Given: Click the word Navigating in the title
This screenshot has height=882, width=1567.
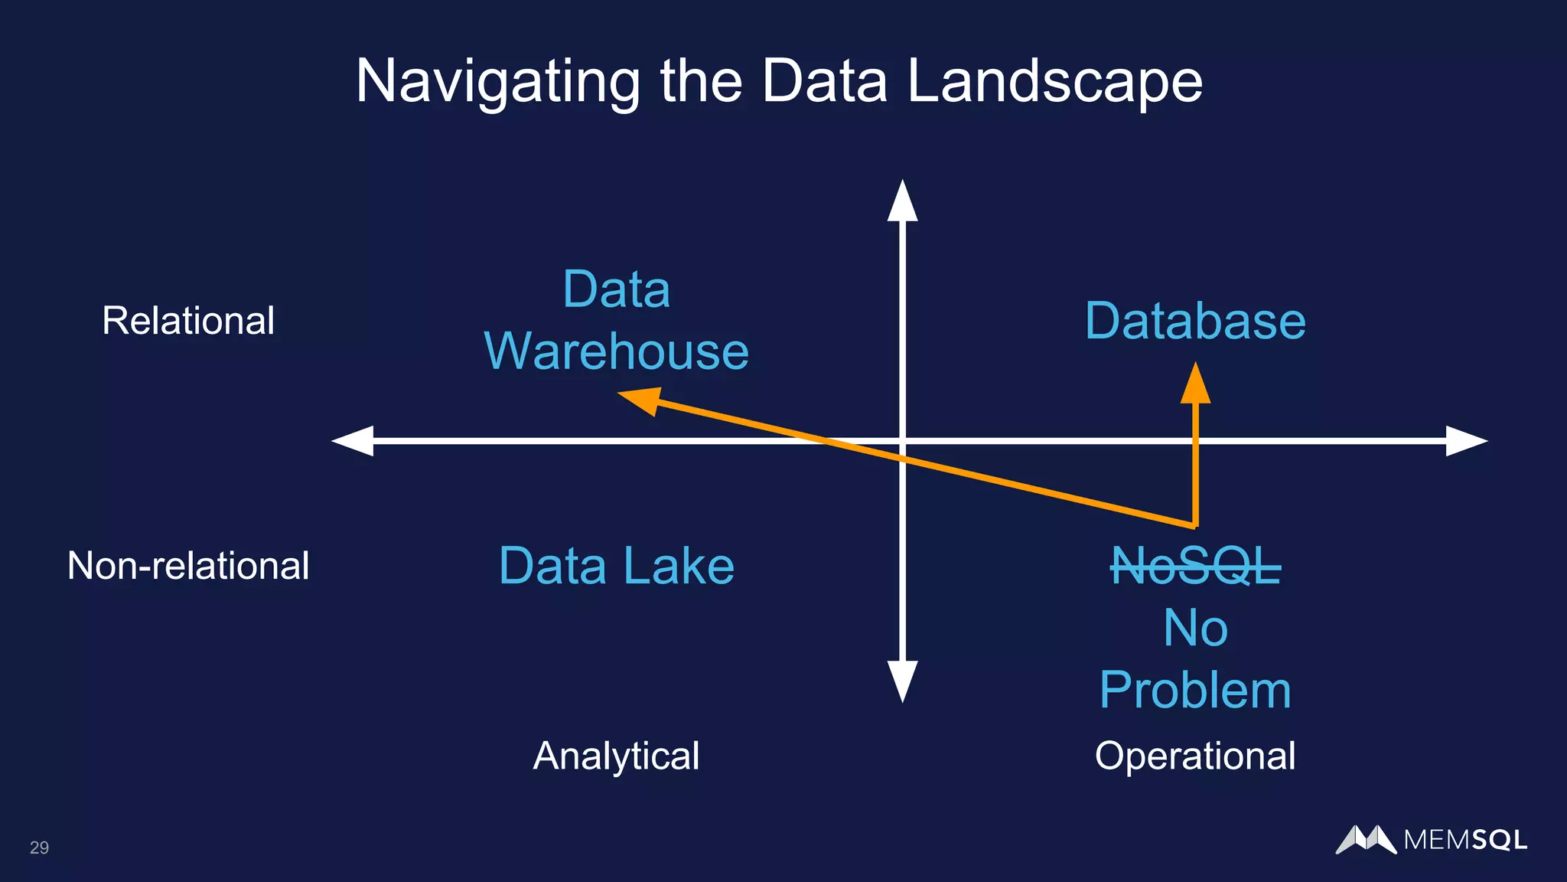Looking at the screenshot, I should coord(497,82).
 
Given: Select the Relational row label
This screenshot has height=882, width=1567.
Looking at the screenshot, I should coord(188,320).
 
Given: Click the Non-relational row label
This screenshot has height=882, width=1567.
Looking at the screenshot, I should coord(188,566).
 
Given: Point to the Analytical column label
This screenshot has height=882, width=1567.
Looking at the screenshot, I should coord(616,756).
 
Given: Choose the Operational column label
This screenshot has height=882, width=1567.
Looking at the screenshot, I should coord(1194,756).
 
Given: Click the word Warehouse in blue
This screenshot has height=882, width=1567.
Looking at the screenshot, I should coord(616,351).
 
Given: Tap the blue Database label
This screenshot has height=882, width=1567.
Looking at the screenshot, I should coord(1195,321).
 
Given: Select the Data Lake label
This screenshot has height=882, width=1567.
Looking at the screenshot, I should coord(616,566).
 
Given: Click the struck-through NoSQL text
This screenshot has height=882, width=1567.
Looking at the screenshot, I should coord(1195,567).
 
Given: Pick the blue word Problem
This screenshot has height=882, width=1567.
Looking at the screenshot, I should coord(1195,690).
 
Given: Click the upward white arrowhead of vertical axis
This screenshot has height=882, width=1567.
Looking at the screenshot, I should coord(902,203).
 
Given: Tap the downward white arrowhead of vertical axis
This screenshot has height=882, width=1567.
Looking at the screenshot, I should coord(902,681).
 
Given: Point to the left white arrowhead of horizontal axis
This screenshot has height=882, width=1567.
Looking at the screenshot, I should coord(353,441).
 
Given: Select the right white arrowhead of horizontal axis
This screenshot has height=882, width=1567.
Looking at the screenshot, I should coord(1464,441).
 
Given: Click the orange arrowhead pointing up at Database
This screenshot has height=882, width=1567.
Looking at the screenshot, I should coord(1195,385).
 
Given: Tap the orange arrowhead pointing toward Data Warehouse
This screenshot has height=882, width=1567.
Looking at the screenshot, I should coord(641,399).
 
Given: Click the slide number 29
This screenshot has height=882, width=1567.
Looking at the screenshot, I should coord(39,848).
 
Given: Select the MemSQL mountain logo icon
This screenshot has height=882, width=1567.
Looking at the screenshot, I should coord(1366,840).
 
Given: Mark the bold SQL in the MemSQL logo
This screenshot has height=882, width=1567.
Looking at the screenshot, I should coord(1499,841).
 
